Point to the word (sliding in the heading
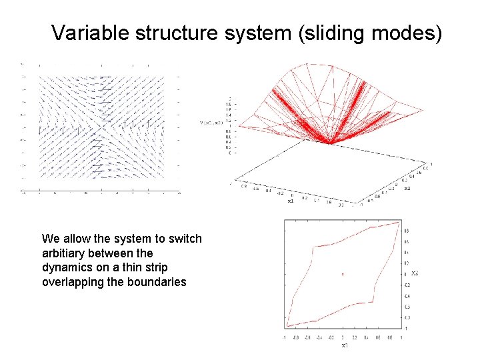329,33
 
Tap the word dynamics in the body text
65,267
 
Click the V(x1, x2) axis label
212,123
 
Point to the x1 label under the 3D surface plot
290,200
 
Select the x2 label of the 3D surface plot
407,188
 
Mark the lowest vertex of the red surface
329,141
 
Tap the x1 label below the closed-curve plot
344,345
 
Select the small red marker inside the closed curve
343,274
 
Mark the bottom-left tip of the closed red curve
287,326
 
